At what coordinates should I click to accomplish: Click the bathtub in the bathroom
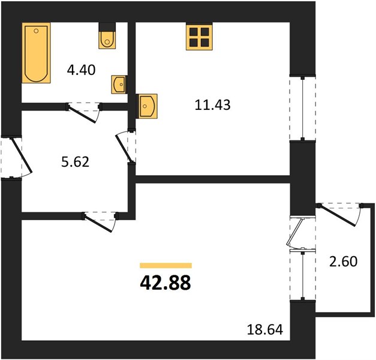(36, 53)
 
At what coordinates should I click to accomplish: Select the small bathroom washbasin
(119, 85)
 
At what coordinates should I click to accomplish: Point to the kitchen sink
(146, 106)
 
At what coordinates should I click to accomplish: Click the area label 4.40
(82, 70)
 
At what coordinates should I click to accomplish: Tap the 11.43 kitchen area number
(212, 105)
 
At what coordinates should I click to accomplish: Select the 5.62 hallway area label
(76, 161)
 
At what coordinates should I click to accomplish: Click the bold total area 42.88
(166, 283)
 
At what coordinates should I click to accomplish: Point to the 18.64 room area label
(265, 329)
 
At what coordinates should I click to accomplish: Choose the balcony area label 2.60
(344, 262)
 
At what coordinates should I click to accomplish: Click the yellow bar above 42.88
(166, 265)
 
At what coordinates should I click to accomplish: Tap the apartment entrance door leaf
(22, 155)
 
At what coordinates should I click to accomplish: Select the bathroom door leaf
(82, 114)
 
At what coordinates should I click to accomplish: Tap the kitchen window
(303, 109)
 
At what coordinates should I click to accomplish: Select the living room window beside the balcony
(303, 275)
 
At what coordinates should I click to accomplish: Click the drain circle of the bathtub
(36, 31)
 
